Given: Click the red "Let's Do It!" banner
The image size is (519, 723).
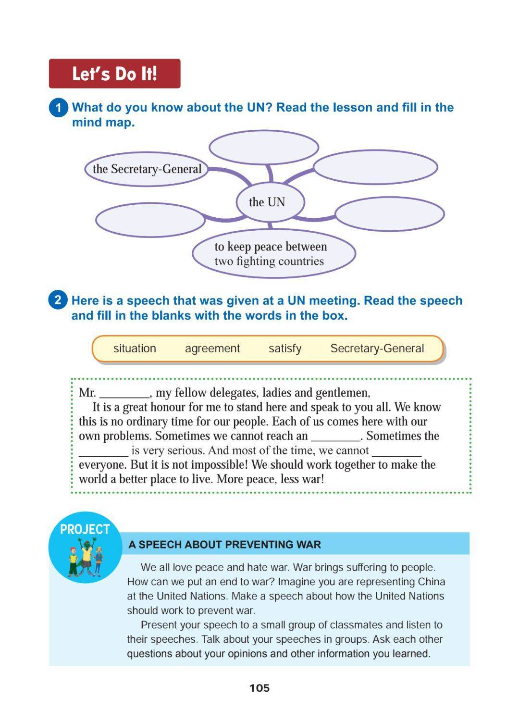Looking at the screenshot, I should [x=114, y=74].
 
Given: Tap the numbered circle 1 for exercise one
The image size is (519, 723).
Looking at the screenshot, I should [x=58, y=107].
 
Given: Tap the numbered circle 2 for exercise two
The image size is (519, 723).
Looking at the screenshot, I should [x=58, y=300].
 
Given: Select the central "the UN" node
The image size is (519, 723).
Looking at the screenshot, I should [x=267, y=202].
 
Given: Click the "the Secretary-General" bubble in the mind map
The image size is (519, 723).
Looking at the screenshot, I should [x=147, y=169].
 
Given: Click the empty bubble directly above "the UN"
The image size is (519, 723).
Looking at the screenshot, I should [x=263, y=147].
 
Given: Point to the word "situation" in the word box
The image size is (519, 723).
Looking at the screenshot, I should [x=135, y=349].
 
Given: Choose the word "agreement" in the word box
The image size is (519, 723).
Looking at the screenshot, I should [x=212, y=349].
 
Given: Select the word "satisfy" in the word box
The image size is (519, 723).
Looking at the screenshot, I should [x=285, y=349].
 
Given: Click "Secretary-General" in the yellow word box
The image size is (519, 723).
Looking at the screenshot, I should [x=377, y=349].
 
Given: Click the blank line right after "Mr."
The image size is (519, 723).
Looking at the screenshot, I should [x=124, y=394].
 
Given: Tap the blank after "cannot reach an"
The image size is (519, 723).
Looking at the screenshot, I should [x=335, y=437].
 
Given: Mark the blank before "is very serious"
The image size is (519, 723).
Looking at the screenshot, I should [x=103, y=452].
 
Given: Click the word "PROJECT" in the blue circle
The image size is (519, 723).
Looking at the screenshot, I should [x=85, y=529].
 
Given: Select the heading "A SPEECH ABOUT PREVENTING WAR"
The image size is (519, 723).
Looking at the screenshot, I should [x=224, y=545].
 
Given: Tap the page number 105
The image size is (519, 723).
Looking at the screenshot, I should [x=259, y=688].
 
